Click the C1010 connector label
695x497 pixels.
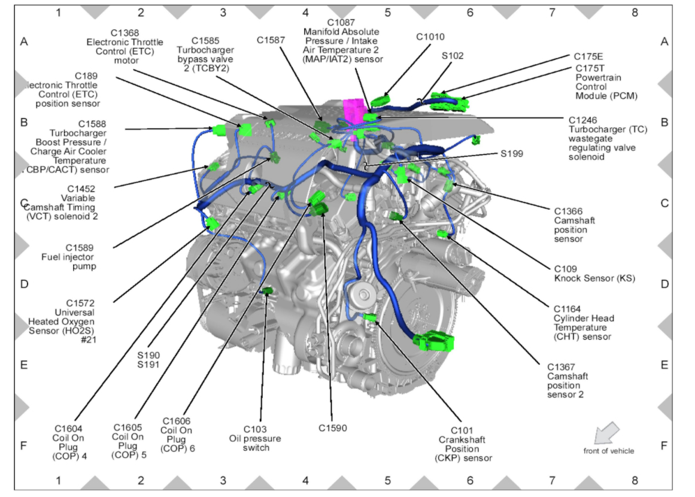(430, 37)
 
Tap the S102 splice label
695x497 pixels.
(453, 56)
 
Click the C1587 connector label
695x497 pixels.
(271, 40)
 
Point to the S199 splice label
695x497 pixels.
(512, 154)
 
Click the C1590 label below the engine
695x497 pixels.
(332, 428)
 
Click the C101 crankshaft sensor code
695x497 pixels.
(462, 431)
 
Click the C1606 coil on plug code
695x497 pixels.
(176, 422)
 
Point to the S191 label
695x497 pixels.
(147, 363)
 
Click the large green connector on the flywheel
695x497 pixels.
(433, 341)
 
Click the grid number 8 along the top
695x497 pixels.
(635, 11)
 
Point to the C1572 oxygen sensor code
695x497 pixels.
(80, 303)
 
